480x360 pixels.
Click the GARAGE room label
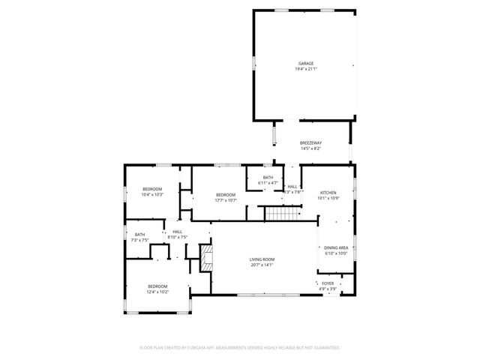[304, 63]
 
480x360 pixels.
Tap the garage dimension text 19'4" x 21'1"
[305, 69]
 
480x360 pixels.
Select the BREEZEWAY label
[310, 142]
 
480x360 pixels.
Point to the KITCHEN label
[328, 193]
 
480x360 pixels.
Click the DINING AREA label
[335, 247]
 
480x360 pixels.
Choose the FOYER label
[328, 283]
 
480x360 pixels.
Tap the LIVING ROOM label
[262, 259]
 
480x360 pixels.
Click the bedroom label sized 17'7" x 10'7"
[226, 194]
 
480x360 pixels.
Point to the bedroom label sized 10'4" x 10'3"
[152, 189]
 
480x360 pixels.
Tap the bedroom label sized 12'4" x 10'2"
[157, 286]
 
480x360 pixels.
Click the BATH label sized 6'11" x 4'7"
[268, 178]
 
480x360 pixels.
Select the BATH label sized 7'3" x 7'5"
[140, 235]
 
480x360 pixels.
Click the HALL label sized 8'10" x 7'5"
[178, 232]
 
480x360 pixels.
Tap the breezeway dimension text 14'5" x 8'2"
[310, 148]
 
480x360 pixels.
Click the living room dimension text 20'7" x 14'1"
[262, 265]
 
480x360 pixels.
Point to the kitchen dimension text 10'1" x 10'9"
[328, 199]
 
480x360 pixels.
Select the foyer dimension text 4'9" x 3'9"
[328, 289]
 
